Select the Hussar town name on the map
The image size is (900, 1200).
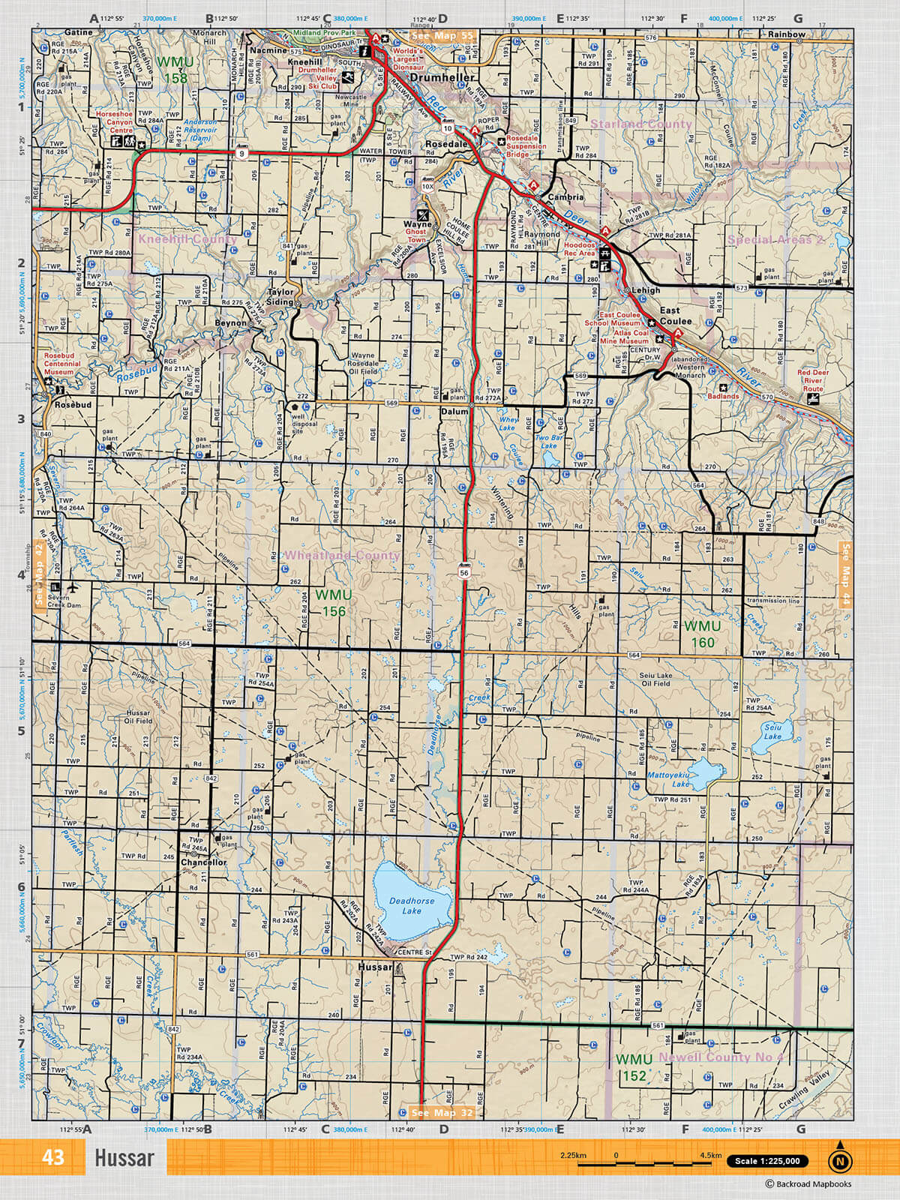(374, 967)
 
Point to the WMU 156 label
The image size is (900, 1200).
(334, 603)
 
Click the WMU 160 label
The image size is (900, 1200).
(702, 634)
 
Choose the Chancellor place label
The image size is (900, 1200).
(203, 862)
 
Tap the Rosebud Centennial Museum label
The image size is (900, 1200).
(62, 364)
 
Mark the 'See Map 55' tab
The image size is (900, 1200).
(442, 36)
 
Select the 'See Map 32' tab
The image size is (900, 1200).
(442, 1112)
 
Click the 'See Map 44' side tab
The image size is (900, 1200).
(846, 574)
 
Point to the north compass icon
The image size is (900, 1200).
(840, 1160)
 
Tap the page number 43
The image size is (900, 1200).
(53, 1157)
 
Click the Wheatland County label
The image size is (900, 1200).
(342, 555)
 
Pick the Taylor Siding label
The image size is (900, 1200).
(280, 297)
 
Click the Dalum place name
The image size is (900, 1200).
(454, 412)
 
